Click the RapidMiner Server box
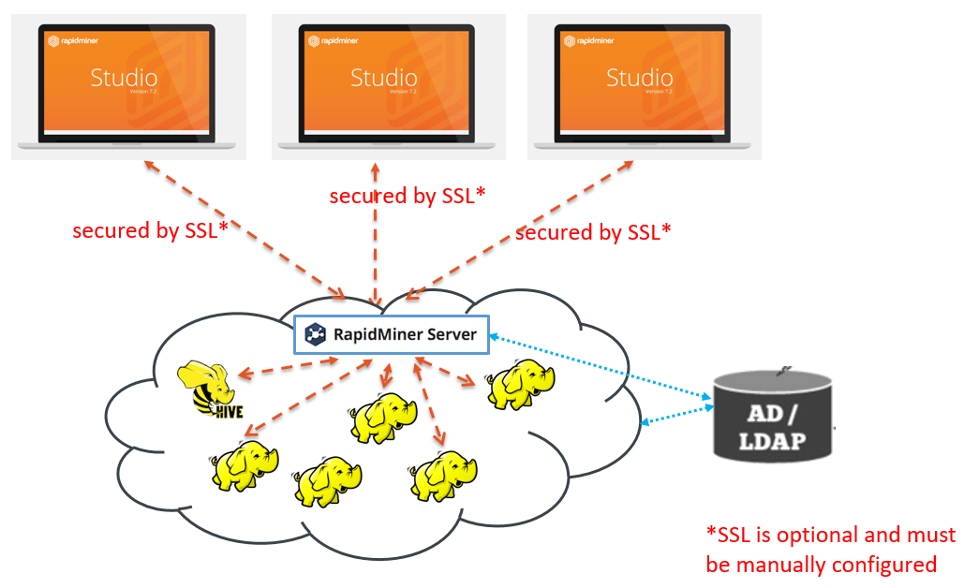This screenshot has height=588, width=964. tap(392, 334)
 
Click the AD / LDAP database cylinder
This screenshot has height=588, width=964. tap(770, 417)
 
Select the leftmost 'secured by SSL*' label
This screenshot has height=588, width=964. tap(150, 231)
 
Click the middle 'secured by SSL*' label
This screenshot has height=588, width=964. tap(408, 196)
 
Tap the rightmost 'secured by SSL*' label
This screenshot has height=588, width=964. tap(593, 232)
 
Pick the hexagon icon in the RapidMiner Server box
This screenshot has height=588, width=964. tap(317, 334)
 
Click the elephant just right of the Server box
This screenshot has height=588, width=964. tap(520, 384)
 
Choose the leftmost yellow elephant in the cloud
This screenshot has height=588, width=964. tap(245, 463)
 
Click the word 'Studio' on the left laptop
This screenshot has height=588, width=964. tap(124, 78)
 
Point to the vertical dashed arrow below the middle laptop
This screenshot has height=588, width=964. tap(376, 234)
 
